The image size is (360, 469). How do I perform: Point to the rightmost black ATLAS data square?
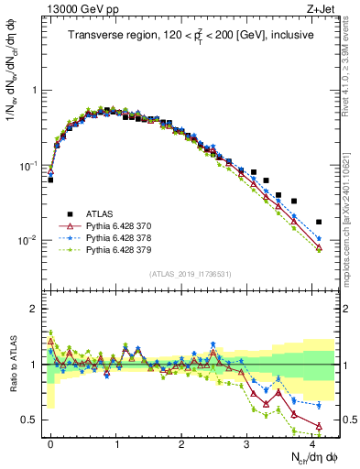pos(318,222)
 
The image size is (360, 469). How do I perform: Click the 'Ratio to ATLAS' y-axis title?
pos(12,364)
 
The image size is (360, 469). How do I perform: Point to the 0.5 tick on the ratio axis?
pos(34,420)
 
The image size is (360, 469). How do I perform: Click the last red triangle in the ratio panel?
pos(318,425)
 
